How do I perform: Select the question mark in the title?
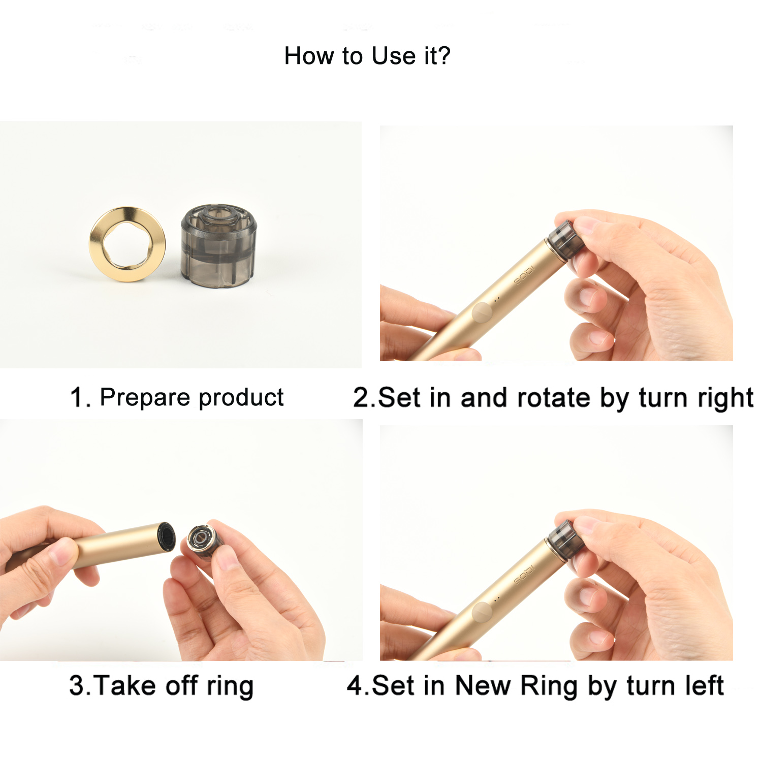click(x=444, y=56)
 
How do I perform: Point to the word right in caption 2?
click(x=725, y=398)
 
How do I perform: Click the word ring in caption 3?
click(x=230, y=686)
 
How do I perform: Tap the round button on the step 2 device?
click(x=482, y=312)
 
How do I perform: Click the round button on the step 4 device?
click(x=482, y=612)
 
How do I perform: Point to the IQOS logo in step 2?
click(x=524, y=275)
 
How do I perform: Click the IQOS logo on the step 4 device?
click(x=524, y=575)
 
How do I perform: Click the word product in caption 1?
click(x=241, y=397)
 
